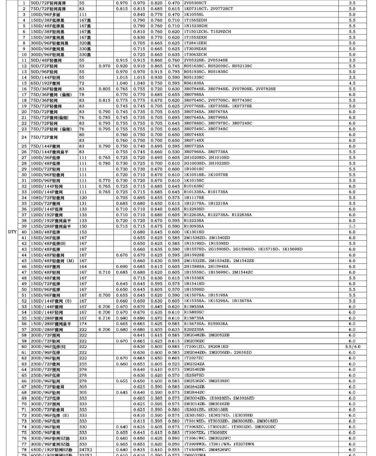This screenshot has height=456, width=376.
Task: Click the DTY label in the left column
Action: [12, 232]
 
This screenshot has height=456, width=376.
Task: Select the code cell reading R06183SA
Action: [194, 83]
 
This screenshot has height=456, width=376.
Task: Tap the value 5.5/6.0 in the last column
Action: [352, 347]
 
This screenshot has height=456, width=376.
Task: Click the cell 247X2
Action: [85, 450]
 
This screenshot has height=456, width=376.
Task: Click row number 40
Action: [24, 232]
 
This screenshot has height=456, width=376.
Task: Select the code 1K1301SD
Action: [194, 232]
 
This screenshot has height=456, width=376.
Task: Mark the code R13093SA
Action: [194, 226]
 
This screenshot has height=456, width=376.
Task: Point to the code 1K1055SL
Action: [194, 15]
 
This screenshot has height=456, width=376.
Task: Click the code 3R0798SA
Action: [194, 95]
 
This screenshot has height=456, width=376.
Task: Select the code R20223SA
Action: [194, 329]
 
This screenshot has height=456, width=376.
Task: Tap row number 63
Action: [24, 364]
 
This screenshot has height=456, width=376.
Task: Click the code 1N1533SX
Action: [194, 278]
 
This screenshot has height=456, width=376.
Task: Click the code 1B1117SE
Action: [194, 198]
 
